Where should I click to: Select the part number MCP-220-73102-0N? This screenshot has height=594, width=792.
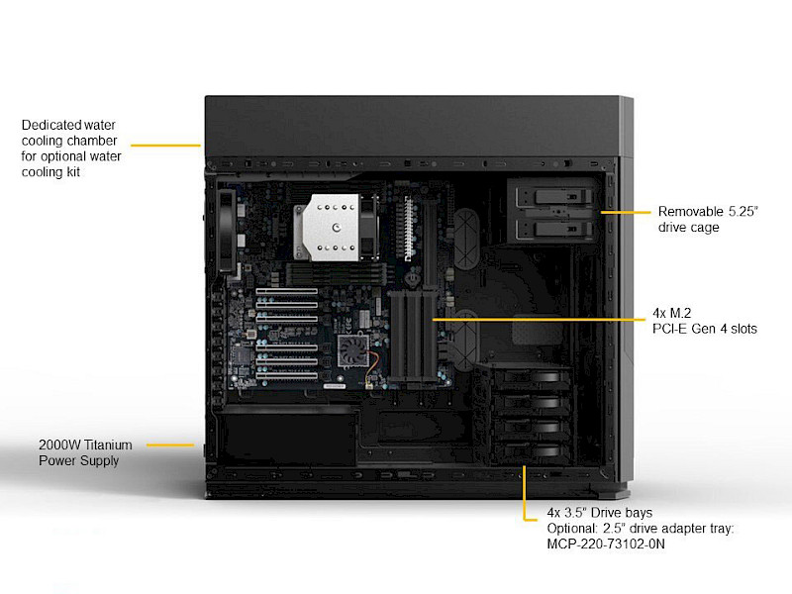[606, 544]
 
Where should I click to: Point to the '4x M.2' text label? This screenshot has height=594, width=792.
[673, 313]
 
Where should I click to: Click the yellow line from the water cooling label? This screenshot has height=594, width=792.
[165, 146]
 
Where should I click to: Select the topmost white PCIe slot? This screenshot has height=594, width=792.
[286, 294]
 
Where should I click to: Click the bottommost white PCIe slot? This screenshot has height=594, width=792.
[286, 376]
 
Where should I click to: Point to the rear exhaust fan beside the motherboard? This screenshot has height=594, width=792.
[226, 230]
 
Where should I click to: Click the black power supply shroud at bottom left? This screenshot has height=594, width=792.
[287, 441]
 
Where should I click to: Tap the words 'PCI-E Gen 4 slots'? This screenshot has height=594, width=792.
[705, 329]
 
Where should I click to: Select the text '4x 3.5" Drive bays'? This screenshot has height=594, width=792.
[599, 514]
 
